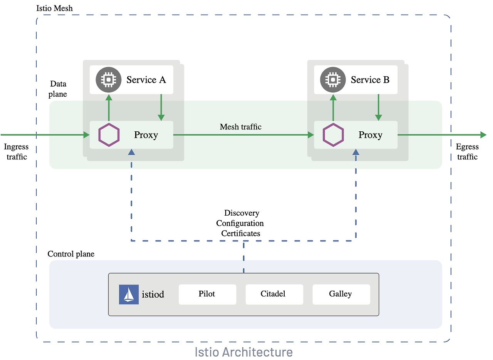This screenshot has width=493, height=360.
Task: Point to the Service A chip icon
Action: [x=109, y=80]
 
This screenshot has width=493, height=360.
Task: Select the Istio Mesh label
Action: [x=55, y=8]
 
